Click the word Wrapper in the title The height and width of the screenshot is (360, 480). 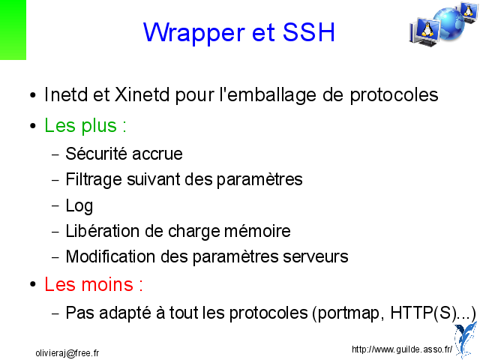[194, 33]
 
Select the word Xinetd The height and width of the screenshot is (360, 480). [142, 94]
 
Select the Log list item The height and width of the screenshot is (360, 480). [79, 206]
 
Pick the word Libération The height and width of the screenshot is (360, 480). [103, 231]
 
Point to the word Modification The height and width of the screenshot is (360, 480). [110, 256]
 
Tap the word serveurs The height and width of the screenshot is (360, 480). [316, 256]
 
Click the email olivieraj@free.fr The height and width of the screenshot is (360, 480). [67, 353]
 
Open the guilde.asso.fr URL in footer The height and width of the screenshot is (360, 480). [402, 349]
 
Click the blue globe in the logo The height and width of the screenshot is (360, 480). [448, 24]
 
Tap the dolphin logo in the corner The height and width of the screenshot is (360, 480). [465, 340]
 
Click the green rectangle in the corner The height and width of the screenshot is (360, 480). [13, 30]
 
